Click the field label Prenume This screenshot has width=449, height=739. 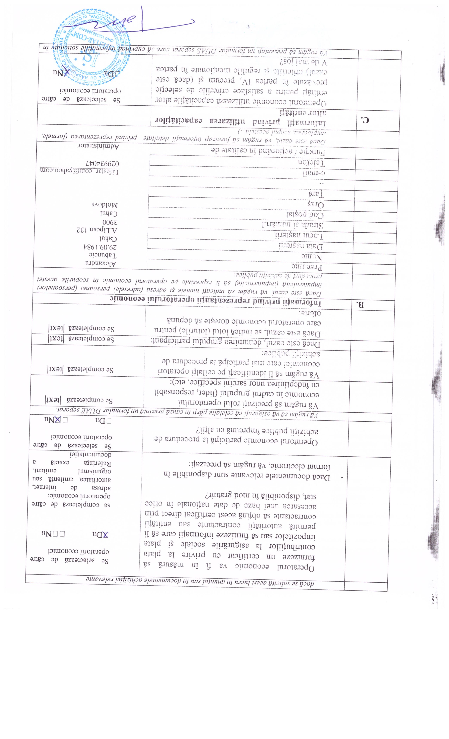pos(307,266)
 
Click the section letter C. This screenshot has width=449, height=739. pos(365,120)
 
